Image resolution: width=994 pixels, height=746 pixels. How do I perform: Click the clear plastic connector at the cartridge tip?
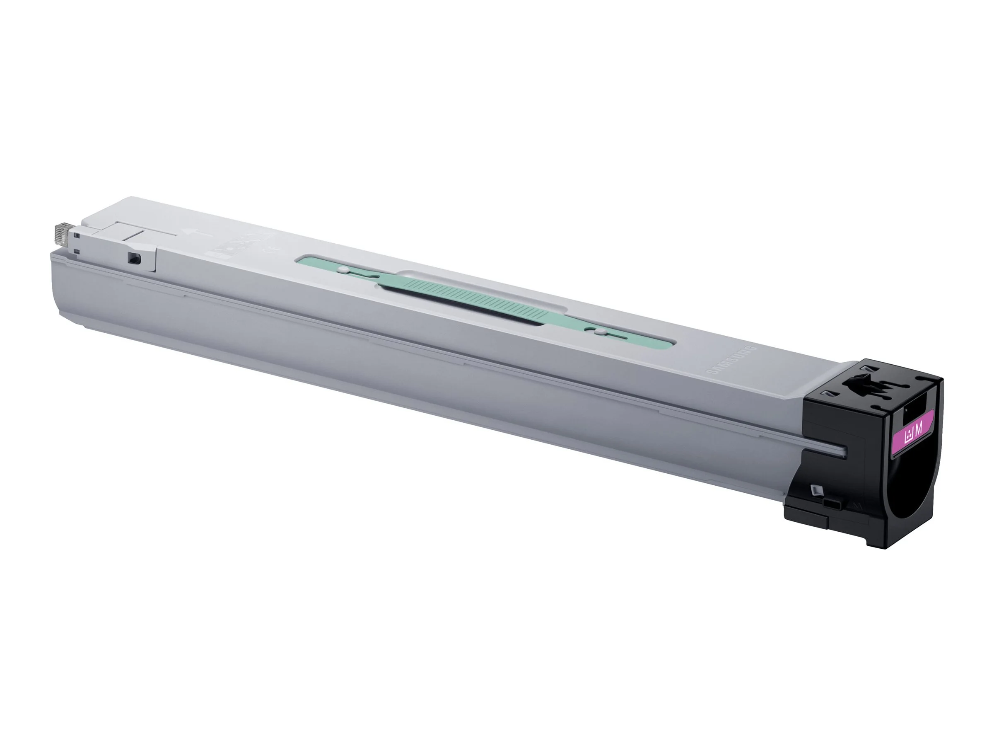tap(62, 234)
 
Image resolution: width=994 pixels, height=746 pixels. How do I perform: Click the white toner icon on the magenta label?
tap(909, 436)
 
